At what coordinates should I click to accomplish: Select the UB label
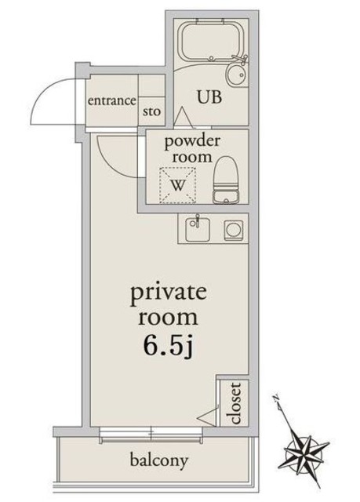209,96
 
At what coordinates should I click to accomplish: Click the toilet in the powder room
226,180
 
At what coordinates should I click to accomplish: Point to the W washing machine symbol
177,185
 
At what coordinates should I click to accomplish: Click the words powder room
192,148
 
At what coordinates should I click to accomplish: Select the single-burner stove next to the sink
233,230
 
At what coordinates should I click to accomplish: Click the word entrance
111,100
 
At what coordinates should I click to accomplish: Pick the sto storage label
151,111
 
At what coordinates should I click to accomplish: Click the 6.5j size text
169,347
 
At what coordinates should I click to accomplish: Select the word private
168,294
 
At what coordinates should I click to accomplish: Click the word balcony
158,461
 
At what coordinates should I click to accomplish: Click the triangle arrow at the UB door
184,117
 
